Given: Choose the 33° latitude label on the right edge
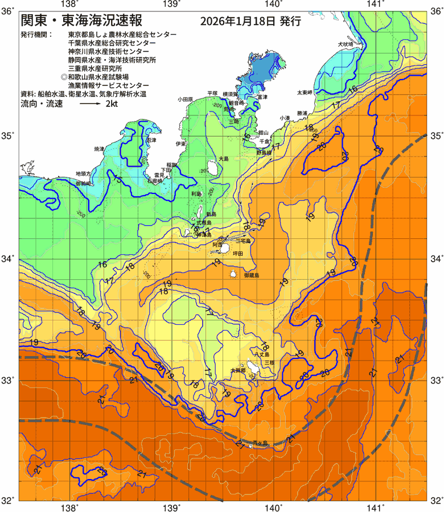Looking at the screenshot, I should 436,380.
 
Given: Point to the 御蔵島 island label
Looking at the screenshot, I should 251,275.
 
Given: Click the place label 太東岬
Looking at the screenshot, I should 305,92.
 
